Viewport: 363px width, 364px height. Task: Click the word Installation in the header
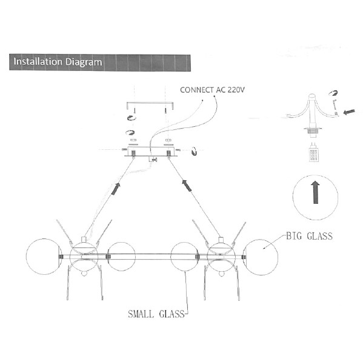[x=38, y=61]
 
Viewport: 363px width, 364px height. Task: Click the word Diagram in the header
[x=84, y=62]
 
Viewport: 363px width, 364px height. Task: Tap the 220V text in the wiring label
[x=236, y=90]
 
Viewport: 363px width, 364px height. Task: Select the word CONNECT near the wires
[x=197, y=90]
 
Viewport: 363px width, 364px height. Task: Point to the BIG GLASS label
[x=309, y=236]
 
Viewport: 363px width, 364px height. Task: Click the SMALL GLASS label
[x=156, y=314]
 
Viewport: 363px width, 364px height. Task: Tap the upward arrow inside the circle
[x=315, y=192]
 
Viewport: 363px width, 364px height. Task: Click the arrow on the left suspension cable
[x=116, y=189]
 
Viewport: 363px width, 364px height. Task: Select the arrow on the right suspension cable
[x=187, y=186]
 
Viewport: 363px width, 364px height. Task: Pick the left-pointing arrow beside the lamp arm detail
[x=349, y=112]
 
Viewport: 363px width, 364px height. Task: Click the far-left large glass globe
[x=44, y=257]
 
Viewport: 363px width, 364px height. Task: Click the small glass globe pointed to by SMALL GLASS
[x=184, y=257]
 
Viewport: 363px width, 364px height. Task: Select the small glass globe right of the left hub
[x=122, y=257]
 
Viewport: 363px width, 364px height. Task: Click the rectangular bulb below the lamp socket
[x=313, y=153]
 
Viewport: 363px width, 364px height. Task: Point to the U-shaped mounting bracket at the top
[x=150, y=103]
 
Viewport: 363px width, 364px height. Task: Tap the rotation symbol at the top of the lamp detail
[x=333, y=93]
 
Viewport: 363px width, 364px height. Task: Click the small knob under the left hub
[x=84, y=274]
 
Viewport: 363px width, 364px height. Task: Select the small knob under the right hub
[x=222, y=274]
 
